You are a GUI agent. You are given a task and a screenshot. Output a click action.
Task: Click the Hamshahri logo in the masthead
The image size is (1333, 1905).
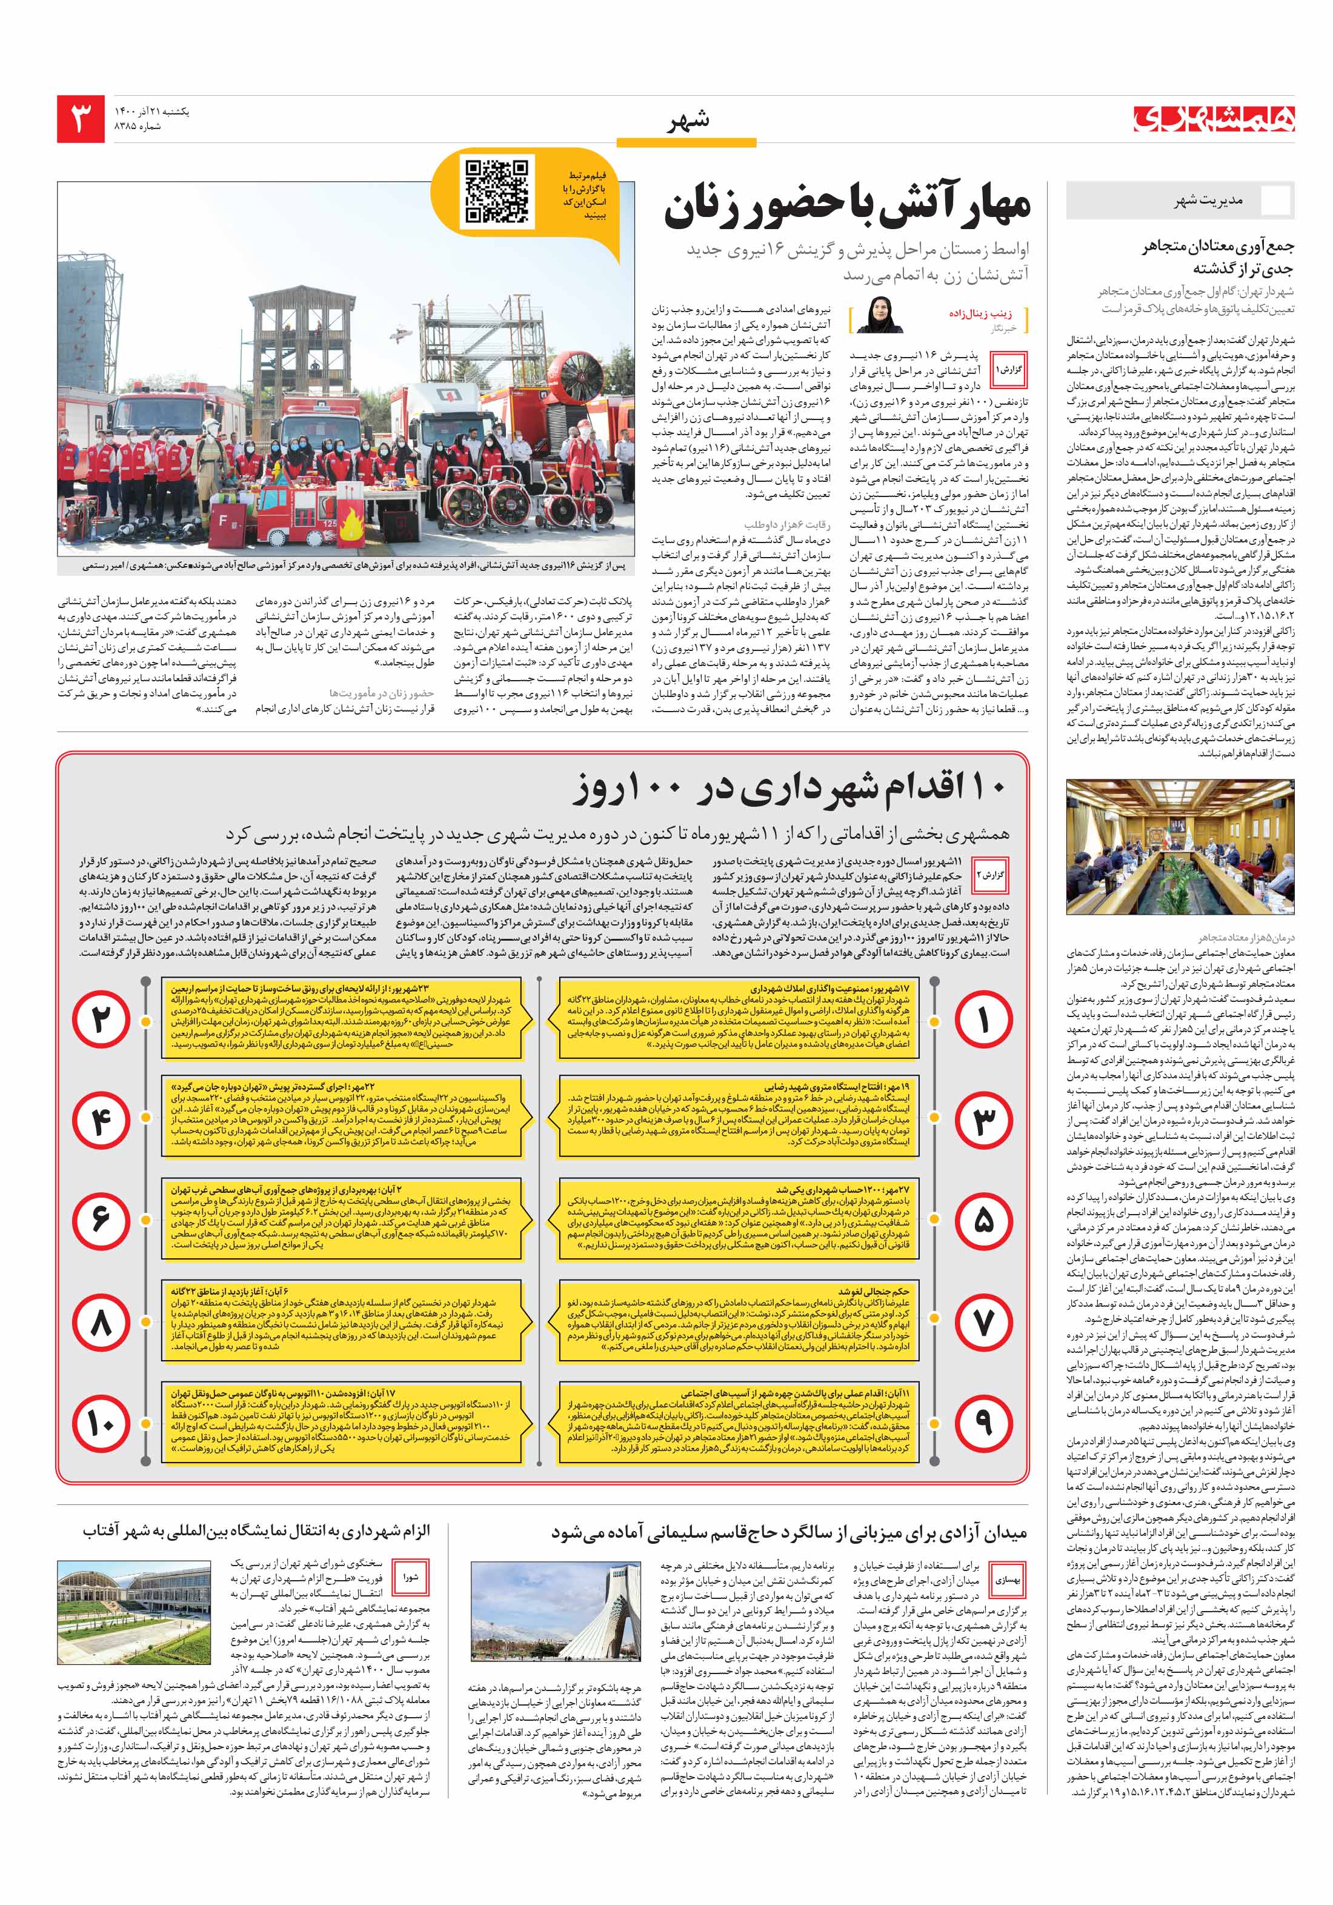click(1214, 119)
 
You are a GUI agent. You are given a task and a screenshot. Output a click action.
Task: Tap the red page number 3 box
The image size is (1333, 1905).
click(81, 119)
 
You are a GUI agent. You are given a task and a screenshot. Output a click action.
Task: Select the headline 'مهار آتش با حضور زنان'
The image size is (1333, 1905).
click(846, 207)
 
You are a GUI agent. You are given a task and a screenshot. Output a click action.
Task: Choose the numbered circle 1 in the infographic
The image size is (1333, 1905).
click(983, 1019)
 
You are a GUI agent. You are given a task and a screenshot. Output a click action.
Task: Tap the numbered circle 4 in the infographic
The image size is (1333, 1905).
click(101, 1121)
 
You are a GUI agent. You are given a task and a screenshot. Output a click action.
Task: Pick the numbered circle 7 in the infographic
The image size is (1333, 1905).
click(983, 1323)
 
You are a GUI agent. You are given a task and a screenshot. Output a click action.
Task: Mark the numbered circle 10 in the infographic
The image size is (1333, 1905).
click(101, 1424)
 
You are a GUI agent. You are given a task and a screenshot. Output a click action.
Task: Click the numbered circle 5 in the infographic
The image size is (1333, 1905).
click(983, 1221)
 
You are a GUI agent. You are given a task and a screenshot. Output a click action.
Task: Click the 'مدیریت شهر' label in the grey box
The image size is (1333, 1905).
click(1208, 201)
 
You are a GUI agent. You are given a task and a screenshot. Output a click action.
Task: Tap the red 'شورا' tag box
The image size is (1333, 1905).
click(411, 1578)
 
